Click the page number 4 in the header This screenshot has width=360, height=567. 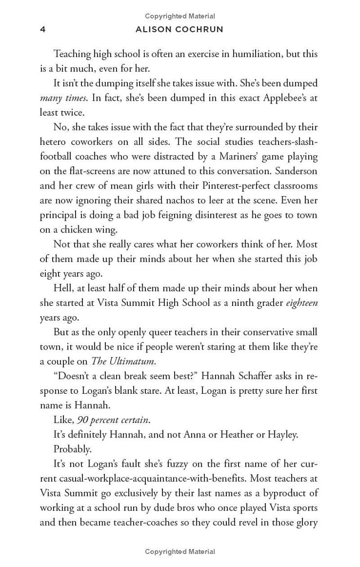[43, 30]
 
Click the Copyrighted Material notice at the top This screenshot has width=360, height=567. [180, 16]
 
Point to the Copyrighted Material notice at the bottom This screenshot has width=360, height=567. [180, 551]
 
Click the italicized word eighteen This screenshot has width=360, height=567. [302, 303]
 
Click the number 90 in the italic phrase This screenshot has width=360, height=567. [82, 420]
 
